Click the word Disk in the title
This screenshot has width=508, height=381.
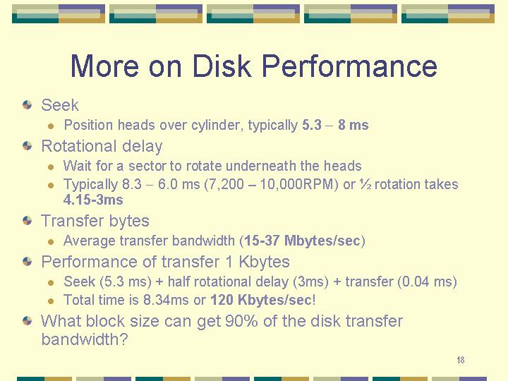pos(222,66)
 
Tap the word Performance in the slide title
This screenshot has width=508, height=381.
pos(349,66)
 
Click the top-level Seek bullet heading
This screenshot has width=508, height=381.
pos(60,105)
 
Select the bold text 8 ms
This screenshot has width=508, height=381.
pos(353,125)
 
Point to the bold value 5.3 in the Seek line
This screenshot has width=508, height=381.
pos(312,125)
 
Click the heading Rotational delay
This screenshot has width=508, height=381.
pos(102,146)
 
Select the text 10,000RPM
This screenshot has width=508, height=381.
pos(297,184)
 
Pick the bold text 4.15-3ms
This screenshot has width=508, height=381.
pos(93,200)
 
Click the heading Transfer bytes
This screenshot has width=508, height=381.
pos(95,221)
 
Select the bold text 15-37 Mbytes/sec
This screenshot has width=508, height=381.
pos(302,241)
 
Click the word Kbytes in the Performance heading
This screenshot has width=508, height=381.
pos(264,262)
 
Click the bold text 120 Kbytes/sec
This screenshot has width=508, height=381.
pos(261,300)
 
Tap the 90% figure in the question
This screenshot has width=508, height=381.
pos(241,321)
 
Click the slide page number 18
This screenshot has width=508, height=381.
pos(460,360)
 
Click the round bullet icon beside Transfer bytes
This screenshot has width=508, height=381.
pos(28,221)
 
